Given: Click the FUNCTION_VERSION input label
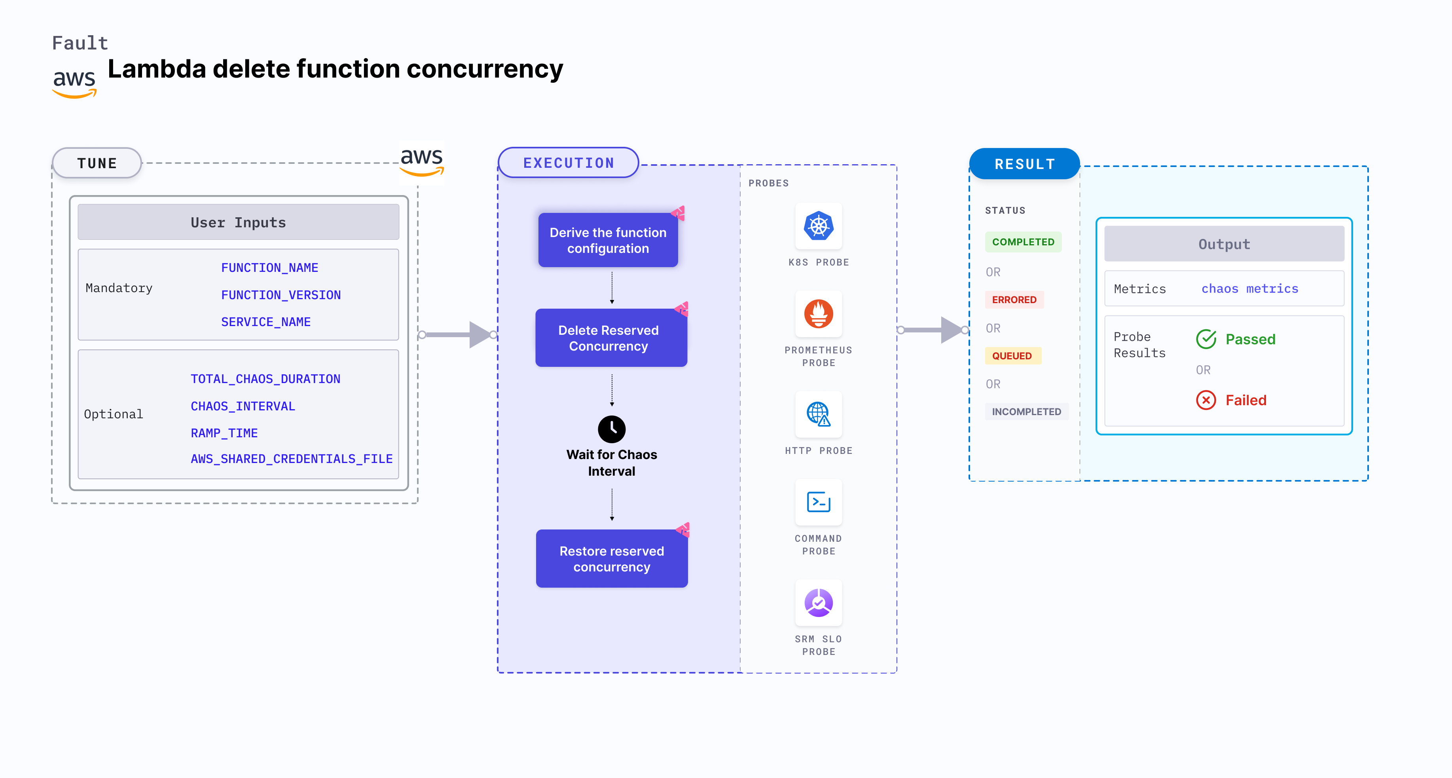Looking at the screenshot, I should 281,295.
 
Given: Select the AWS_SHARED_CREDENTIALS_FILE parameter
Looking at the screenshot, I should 292,459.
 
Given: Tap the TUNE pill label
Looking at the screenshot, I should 97,163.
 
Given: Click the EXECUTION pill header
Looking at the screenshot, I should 568,163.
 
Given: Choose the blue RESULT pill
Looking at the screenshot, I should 1024,164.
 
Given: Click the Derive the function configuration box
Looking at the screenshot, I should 608,240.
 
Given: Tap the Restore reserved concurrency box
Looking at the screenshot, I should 612,559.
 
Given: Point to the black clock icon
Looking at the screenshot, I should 612,429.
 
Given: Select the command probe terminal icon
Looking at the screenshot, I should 819,502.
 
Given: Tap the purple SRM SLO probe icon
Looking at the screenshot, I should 819,603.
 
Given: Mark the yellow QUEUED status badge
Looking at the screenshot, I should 1012,356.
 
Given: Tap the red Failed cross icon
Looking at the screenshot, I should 1206,400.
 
